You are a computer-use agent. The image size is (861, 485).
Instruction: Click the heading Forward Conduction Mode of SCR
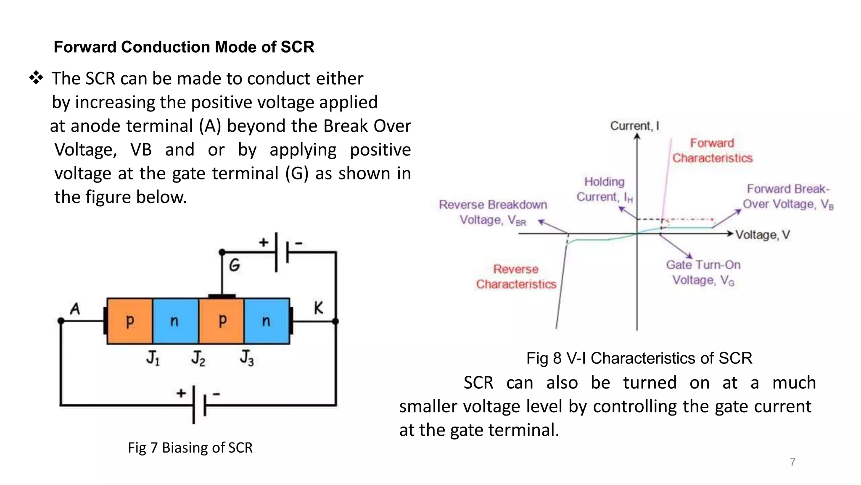[184, 47]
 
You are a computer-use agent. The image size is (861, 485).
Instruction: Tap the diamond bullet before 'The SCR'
[36, 78]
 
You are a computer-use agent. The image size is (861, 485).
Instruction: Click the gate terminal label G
[235, 265]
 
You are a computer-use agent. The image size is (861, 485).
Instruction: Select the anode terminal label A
[75, 309]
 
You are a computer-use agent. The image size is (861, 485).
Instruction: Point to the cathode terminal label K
[318, 308]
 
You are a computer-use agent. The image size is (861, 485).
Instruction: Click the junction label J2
[198, 358]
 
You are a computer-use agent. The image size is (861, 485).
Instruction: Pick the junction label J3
[247, 358]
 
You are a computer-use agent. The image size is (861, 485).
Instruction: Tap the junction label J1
[153, 358]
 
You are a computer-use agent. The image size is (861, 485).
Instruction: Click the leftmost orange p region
[130, 321]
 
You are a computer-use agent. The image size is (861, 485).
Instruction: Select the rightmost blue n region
[267, 321]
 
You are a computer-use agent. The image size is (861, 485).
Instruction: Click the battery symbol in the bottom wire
[199, 405]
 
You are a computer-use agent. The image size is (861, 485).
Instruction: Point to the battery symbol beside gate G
[282, 252]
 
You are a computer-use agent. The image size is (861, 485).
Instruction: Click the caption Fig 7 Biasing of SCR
[190, 448]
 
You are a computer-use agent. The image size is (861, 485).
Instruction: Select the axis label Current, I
[634, 126]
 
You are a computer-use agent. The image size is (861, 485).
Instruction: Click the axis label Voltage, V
[763, 235]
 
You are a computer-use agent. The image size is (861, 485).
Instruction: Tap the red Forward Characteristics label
[712, 150]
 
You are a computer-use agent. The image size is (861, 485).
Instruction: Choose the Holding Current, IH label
[605, 189]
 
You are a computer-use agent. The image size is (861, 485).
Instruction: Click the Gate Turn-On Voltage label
[703, 272]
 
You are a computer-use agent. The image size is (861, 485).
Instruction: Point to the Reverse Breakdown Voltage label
[493, 212]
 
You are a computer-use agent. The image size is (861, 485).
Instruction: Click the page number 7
[792, 462]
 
